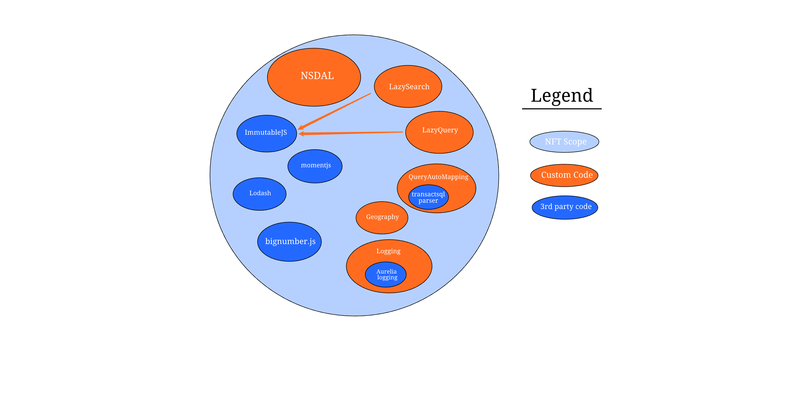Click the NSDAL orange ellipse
click(x=314, y=77)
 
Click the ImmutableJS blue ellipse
click(x=266, y=133)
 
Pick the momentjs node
click(x=315, y=166)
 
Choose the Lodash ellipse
click(x=260, y=194)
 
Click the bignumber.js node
click(x=289, y=242)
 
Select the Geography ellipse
click(x=382, y=217)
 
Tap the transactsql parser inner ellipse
click(x=428, y=197)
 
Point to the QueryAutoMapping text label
click(x=438, y=177)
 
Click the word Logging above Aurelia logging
click(x=388, y=251)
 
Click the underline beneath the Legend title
click(x=562, y=109)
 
